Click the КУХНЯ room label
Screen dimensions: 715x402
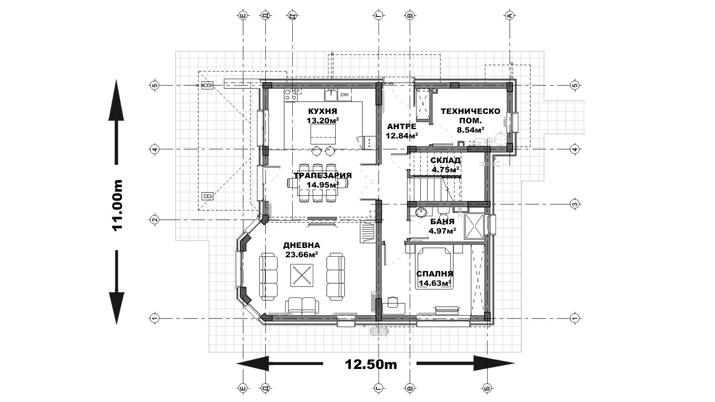tap(322, 111)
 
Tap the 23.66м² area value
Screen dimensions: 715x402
tap(301, 254)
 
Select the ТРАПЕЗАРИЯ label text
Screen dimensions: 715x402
tap(323, 176)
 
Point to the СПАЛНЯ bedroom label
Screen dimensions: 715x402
tap(435, 274)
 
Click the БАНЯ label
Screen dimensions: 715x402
tap(442, 222)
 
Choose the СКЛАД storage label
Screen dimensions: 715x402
tap(445, 160)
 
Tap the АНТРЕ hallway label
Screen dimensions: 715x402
tap(402, 126)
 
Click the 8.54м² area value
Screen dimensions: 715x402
tap(471, 130)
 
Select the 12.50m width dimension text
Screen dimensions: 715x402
tap(371, 364)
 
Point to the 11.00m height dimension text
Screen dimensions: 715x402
tap(117, 205)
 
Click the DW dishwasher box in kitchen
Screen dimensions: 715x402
tap(344, 95)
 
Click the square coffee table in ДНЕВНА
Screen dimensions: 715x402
tap(302, 275)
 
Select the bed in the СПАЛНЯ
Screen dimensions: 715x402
tap(434, 268)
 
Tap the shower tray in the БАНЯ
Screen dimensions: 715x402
tap(474, 226)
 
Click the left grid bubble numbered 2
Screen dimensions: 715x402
tap(155, 220)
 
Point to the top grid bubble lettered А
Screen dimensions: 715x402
tap(509, 15)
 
